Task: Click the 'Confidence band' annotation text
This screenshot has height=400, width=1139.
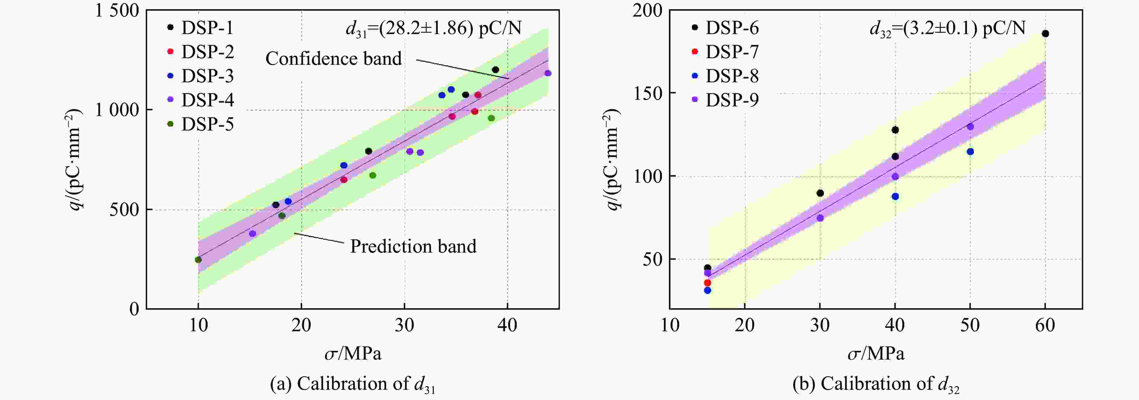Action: click(333, 58)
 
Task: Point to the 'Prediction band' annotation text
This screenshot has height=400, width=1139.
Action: click(413, 246)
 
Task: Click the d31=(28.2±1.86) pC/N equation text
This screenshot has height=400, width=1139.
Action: click(433, 28)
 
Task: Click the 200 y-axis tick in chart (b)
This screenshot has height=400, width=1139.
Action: click(647, 11)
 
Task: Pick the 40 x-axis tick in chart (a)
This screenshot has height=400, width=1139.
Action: click(507, 326)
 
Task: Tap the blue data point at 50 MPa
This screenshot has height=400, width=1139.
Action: click(970, 152)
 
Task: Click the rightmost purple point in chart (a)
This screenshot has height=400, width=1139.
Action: click(548, 73)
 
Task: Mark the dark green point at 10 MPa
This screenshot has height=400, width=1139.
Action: click(198, 260)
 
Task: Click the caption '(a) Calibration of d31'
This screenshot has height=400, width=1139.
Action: click(353, 384)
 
